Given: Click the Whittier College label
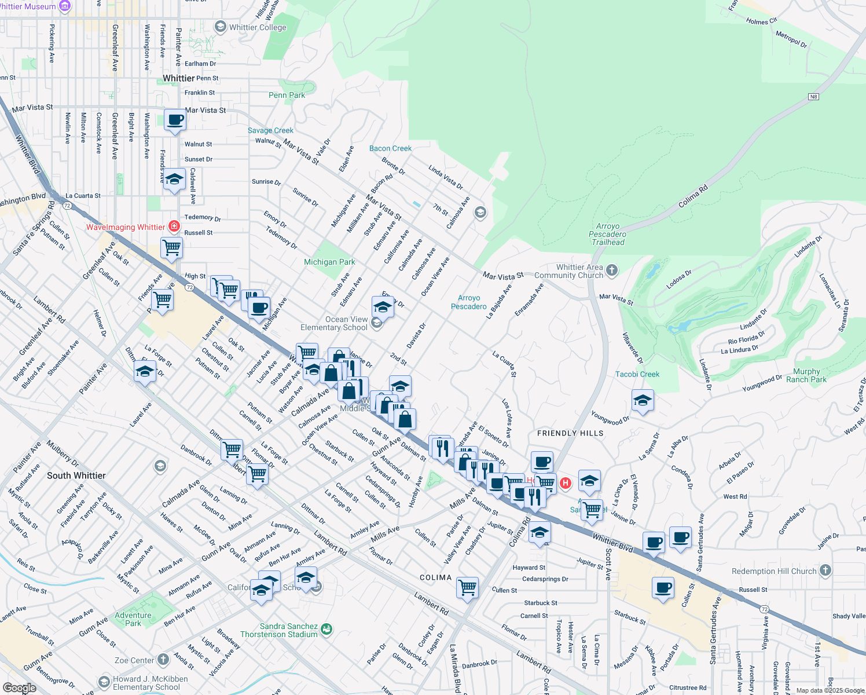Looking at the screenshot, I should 258,27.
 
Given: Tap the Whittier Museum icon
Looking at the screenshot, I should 65,6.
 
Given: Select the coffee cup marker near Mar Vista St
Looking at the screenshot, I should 175,120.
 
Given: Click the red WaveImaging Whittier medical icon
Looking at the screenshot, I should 174,226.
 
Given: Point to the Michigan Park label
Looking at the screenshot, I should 329,262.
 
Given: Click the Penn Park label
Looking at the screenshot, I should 287,95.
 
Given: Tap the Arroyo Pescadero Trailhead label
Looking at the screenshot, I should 607,235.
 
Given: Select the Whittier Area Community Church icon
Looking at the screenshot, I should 612,270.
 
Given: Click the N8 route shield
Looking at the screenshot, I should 813,97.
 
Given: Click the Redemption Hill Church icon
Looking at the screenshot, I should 825,570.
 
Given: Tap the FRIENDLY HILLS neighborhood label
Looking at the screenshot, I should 570,433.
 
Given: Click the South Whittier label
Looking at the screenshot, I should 76,475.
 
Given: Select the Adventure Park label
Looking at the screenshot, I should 133,619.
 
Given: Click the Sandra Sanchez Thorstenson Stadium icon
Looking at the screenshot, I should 326,629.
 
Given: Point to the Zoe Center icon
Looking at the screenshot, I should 163,660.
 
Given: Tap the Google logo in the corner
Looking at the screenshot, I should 19,688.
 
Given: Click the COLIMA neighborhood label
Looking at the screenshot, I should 435,577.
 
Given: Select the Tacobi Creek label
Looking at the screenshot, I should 637,374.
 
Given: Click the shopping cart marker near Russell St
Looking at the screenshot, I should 172,248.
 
